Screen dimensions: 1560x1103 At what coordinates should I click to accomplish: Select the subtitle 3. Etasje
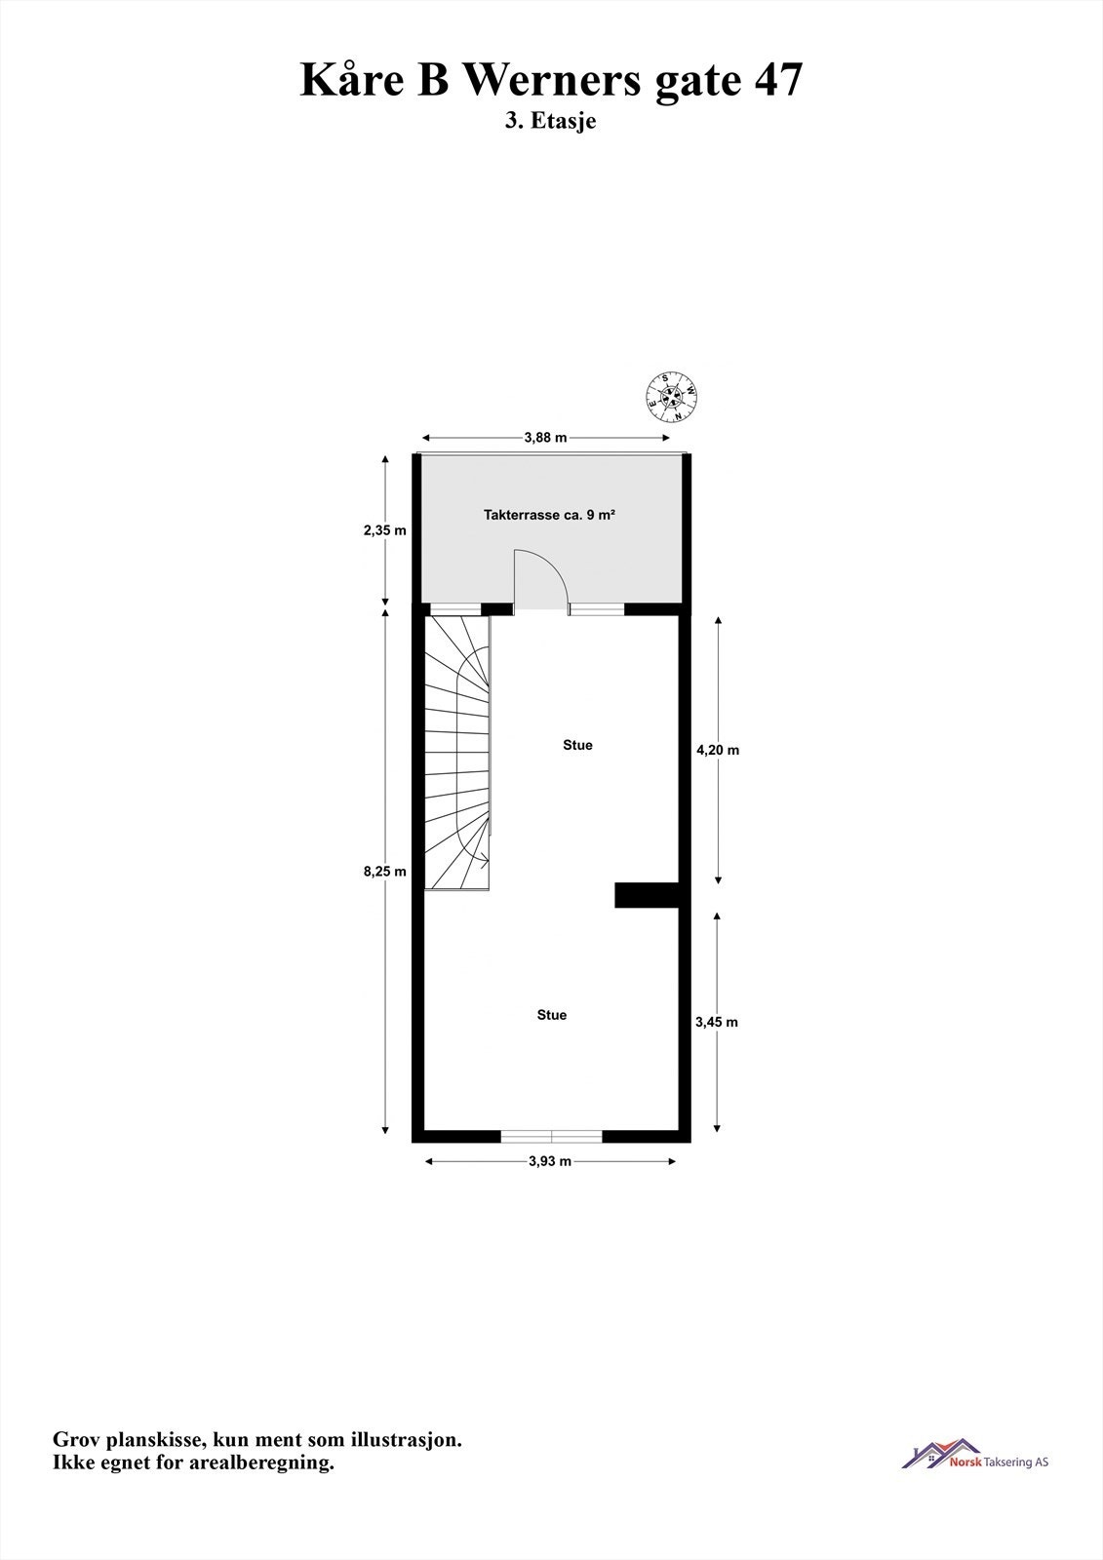(x=551, y=122)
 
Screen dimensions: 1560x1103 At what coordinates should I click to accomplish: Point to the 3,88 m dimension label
(x=545, y=438)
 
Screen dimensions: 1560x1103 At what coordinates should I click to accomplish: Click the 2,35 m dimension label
(x=384, y=530)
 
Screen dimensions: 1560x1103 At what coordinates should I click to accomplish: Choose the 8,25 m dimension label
(x=384, y=872)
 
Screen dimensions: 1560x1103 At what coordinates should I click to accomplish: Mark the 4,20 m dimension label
(x=718, y=751)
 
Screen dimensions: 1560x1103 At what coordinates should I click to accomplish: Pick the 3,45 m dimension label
(x=717, y=1022)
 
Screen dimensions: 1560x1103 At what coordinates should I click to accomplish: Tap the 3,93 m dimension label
(x=550, y=1161)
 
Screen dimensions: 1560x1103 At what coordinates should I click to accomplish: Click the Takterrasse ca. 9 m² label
(x=549, y=515)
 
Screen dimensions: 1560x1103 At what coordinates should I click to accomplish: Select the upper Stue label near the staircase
(x=577, y=745)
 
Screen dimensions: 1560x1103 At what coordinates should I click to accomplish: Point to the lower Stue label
(x=551, y=1015)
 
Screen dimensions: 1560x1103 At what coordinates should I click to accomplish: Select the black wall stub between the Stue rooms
(x=646, y=894)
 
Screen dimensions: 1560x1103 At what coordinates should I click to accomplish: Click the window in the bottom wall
(x=551, y=1135)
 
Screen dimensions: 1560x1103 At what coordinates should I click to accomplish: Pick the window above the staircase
(x=455, y=610)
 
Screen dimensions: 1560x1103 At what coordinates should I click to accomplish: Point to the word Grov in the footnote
(x=76, y=1440)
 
